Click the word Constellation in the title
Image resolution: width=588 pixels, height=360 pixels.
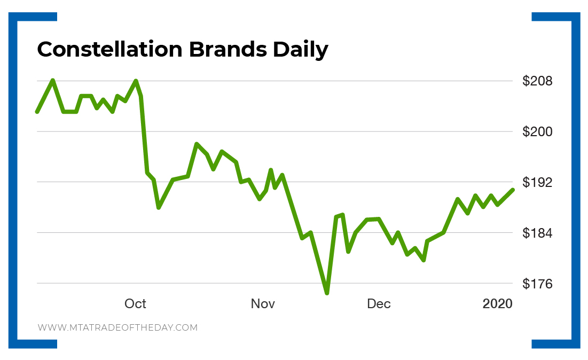(x=109, y=50)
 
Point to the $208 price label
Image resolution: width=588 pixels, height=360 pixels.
(x=537, y=81)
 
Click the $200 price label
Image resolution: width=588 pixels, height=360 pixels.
(x=537, y=132)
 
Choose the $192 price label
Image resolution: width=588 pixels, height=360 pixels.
(x=537, y=183)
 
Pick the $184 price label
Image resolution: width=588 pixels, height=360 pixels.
(x=537, y=233)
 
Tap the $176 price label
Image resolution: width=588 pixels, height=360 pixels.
(x=537, y=284)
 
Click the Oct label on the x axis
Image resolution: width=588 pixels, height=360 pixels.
(x=135, y=304)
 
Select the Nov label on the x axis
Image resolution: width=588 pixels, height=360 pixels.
(x=263, y=304)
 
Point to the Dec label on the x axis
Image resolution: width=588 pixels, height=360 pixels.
(x=379, y=304)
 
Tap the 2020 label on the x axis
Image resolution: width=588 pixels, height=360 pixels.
(x=497, y=304)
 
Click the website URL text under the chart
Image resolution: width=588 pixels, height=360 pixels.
(x=117, y=327)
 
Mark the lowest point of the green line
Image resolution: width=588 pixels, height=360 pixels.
(x=327, y=293)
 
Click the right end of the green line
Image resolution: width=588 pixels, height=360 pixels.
(x=513, y=190)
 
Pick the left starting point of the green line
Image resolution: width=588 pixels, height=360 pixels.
(x=37, y=112)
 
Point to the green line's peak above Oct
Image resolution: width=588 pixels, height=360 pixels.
(x=136, y=81)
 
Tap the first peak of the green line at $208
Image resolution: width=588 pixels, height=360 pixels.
(x=52, y=80)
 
